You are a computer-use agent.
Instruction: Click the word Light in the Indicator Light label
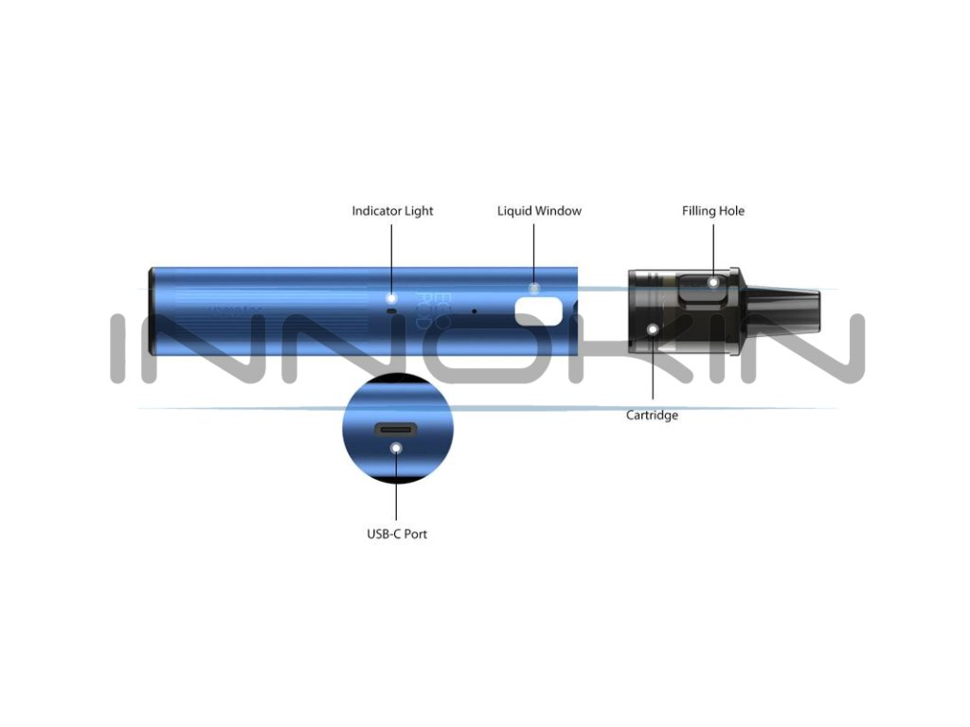(x=419, y=211)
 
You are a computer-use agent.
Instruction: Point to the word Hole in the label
(x=731, y=211)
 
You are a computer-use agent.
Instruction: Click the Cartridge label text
(x=652, y=416)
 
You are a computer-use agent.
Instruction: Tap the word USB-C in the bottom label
(x=384, y=534)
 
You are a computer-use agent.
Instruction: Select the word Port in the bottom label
(x=415, y=534)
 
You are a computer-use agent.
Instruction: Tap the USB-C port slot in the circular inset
(x=397, y=429)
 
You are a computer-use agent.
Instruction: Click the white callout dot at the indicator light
(x=391, y=297)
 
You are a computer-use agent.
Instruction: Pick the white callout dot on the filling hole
(x=713, y=281)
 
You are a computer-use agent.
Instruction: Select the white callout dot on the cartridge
(x=653, y=328)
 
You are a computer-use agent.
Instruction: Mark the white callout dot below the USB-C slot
(x=397, y=448)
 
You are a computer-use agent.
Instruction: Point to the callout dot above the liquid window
(x=533, y=287)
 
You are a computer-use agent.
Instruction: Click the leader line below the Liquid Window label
(x=533, y=251)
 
